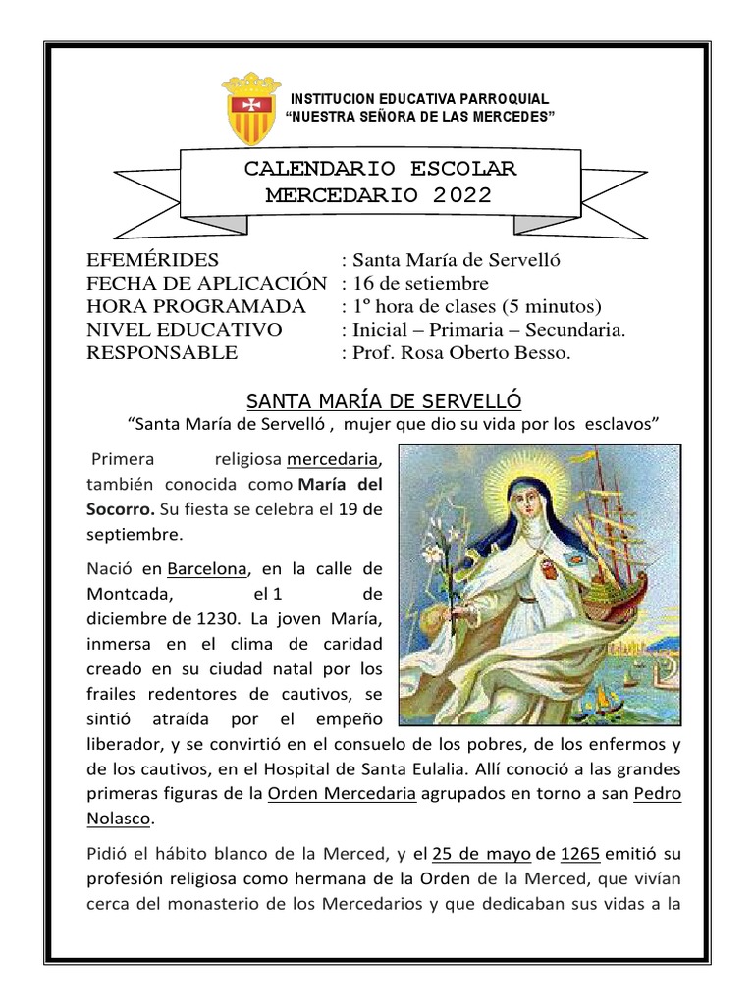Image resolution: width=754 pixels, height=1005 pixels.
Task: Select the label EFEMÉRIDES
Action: [152, 260]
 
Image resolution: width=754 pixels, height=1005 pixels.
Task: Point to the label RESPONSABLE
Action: [162, 353]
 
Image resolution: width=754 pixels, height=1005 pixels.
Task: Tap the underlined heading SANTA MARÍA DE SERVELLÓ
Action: [384, 400]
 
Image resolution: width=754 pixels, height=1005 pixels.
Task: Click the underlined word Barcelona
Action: [208, 569]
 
